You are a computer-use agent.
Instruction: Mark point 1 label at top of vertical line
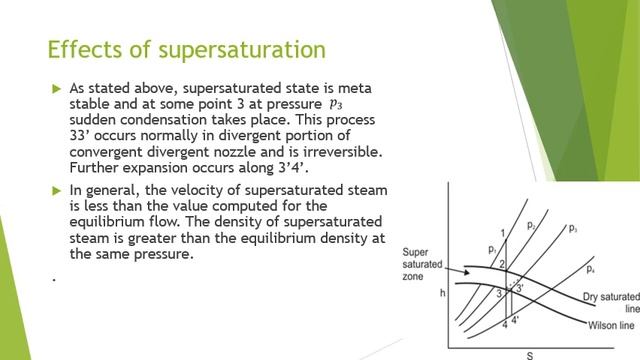[x=503, y=233]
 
